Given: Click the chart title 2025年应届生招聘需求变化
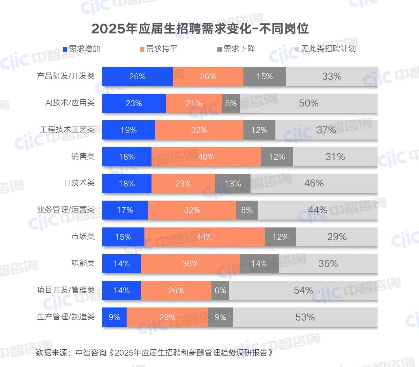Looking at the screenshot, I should click(200, 29).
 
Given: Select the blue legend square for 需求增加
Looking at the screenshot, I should click(65, 49).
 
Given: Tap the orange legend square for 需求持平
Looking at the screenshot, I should click(142, 49).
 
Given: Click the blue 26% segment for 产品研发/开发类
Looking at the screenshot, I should click(137, 76).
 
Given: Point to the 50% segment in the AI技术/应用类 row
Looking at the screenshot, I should click(309, 103).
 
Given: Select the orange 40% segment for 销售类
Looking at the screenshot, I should click(206, 157).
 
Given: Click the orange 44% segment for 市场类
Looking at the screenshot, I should click(204, 237).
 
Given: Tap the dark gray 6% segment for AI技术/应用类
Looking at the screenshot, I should click(231, 103).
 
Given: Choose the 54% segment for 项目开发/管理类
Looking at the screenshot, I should click(303, 291).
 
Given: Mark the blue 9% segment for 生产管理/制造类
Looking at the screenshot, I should click(114, 317).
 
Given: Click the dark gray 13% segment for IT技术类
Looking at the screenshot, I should click(233, 184).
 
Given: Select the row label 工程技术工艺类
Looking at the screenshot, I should click(67, 130).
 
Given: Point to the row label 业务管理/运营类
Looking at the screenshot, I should click(66, 210).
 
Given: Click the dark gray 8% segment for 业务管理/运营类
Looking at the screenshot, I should click(247, 210).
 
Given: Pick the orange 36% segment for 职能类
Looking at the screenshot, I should click(190, 264).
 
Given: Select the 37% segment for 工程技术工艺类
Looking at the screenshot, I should click(326, 130).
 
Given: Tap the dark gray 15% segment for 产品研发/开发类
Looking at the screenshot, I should click(265, 76).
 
